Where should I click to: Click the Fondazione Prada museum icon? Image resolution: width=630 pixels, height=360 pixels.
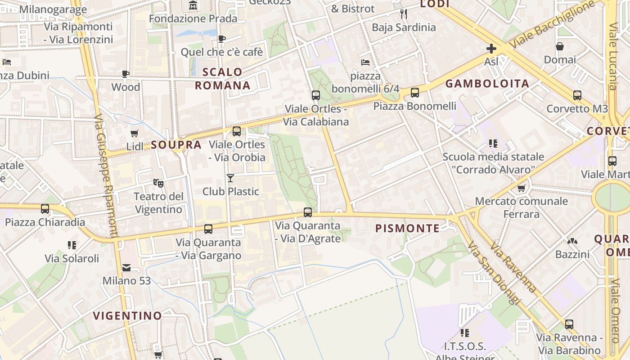point(193,5)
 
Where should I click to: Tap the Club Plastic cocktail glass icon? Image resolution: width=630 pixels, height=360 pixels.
point(230,178)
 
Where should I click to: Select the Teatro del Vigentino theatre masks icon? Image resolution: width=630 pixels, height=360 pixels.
point(158,183)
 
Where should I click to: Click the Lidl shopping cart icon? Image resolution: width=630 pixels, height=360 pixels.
point(134,133)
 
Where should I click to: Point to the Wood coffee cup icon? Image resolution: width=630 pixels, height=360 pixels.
point(126,74)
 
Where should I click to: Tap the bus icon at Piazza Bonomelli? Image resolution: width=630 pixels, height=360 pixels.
point(414,93)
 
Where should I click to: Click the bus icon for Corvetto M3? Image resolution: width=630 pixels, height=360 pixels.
point(577,95)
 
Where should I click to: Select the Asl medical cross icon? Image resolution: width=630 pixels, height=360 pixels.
point(491,48)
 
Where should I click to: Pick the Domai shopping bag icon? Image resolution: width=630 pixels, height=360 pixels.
point(560,46)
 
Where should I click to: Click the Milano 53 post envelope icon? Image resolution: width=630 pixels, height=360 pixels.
point(126,268)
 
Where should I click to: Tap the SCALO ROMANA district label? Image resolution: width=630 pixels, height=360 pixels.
point(222,79)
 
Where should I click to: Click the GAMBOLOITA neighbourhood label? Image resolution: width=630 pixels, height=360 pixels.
point(487,84)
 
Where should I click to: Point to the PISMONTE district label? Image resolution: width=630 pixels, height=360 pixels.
point(408,229)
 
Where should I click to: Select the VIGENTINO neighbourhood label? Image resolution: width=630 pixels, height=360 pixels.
point(127,315)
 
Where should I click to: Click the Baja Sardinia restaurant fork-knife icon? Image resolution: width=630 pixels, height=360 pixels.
point(404,14)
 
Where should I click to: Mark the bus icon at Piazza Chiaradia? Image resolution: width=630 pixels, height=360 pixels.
point(45,209)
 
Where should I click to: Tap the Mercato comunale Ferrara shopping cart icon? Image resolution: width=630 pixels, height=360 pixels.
point(522,188)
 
